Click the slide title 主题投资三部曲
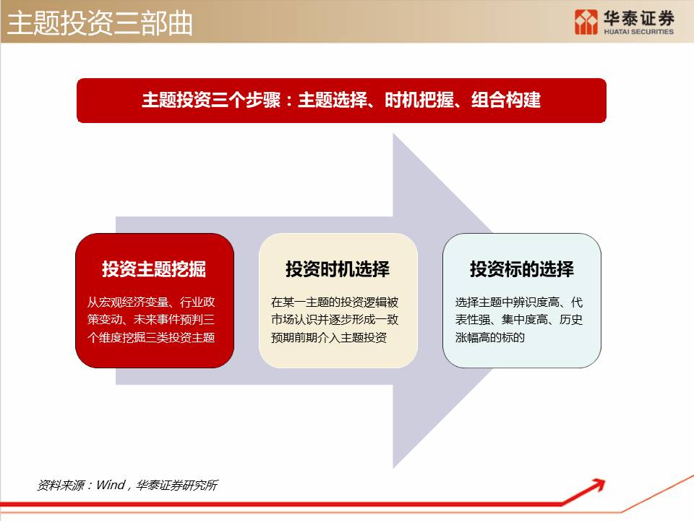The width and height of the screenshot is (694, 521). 100,23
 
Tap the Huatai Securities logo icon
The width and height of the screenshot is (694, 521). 586,22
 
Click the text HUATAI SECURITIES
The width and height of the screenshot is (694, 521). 638,32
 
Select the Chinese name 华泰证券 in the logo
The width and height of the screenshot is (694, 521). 638,18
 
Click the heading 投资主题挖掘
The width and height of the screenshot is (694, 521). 154,269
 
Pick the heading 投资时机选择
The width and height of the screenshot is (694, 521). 338,269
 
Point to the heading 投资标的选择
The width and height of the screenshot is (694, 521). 522,269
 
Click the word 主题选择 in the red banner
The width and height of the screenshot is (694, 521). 333,100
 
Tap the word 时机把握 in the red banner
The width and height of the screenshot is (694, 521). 419,100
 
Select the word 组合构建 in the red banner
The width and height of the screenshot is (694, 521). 506,100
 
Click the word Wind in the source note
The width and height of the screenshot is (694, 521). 111,485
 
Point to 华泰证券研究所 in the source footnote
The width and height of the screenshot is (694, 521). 177,486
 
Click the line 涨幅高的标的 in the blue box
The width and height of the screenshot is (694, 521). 490,338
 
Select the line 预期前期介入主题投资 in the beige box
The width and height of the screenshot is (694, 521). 329,338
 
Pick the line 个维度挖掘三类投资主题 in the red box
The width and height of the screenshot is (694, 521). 151,338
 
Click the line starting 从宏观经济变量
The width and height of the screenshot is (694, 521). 151,302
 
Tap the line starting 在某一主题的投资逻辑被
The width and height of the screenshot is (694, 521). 335,302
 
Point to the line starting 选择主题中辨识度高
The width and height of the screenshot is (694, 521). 519,302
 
